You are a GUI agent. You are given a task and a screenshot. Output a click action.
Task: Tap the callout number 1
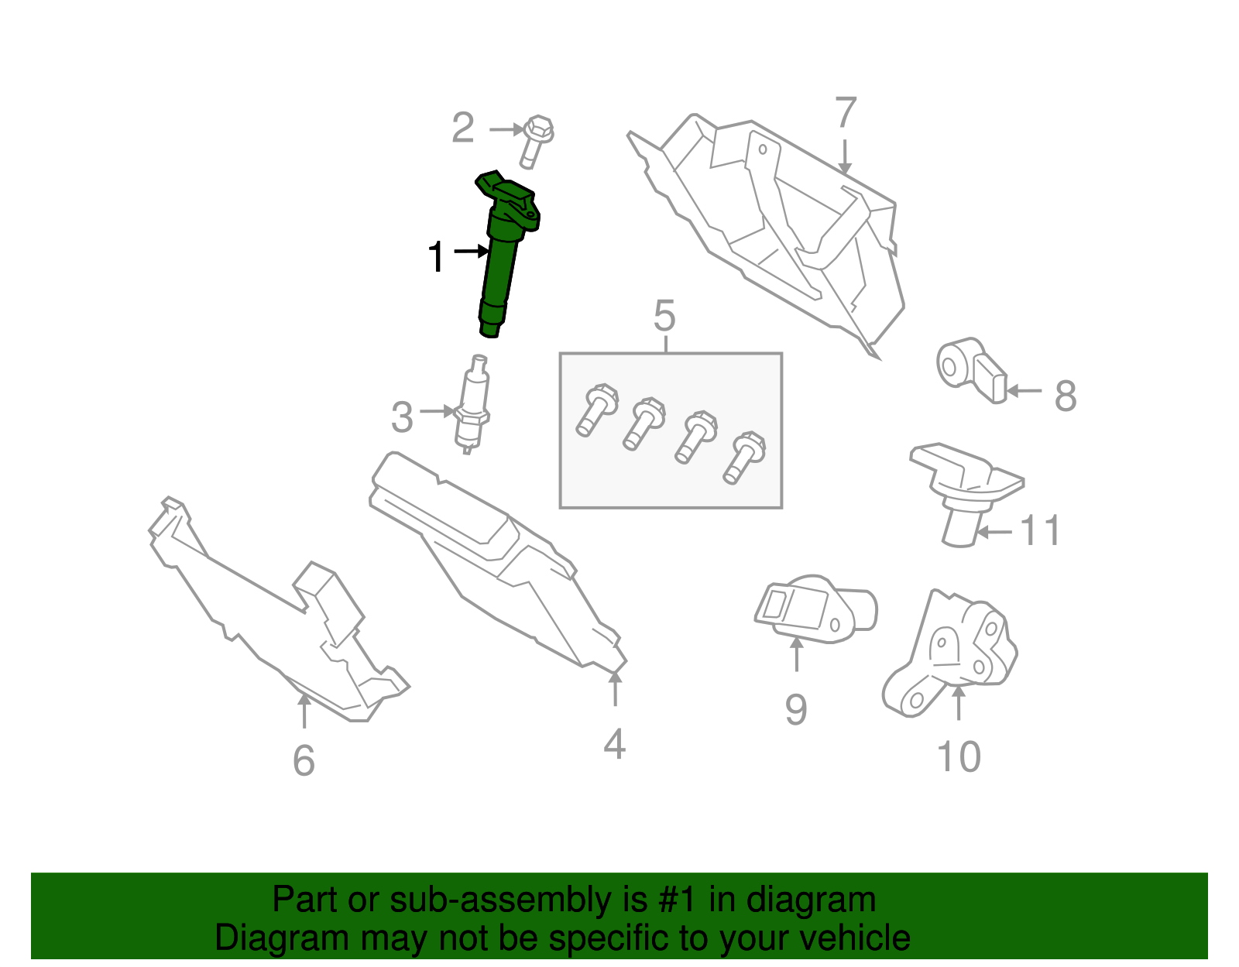[436, 257]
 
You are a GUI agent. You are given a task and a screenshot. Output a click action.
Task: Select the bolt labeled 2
[537, 142]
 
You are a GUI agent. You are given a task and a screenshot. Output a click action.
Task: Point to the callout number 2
[462, 128]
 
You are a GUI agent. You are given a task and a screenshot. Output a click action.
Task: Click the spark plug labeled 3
[472, 405]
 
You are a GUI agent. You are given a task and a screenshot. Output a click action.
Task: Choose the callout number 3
[402, 417]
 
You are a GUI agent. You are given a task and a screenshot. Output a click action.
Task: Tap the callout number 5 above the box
[665, 316]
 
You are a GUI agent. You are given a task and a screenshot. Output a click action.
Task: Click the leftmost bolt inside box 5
[596, 410]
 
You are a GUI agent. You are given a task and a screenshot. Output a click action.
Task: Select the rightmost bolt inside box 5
[744, 458]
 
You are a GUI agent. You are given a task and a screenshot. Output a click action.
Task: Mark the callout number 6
[304, 760]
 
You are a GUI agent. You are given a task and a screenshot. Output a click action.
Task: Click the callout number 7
[846, 112]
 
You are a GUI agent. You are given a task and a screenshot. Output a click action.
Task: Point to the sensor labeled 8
[971, 370]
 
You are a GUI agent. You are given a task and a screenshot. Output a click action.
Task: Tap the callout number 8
[1066, 396]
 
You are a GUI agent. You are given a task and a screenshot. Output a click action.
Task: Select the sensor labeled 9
[816, 609]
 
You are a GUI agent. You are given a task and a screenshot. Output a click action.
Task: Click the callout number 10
[959, 756]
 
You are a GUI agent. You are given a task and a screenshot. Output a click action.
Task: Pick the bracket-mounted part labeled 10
[950, 653]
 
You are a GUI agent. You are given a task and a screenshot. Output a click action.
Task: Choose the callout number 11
[1040, 530]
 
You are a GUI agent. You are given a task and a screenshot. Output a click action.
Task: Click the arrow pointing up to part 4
[615, 690]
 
